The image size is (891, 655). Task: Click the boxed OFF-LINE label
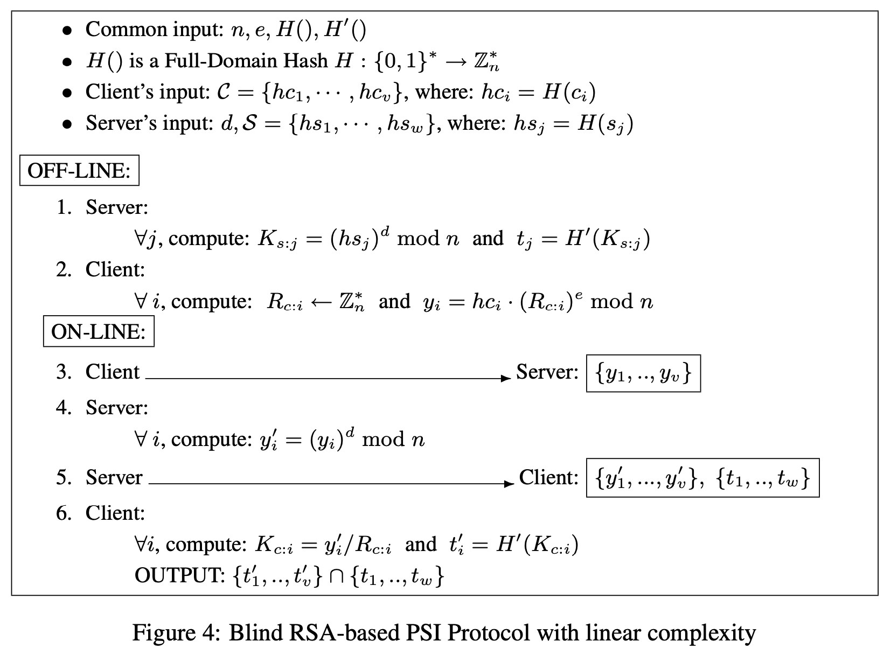click(79, 171)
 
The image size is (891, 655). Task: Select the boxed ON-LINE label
click(99, 331)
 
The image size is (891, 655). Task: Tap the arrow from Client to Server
click(328, 378)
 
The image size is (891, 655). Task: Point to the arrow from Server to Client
click(331, 484)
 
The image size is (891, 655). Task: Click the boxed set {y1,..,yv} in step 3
click(643, 373)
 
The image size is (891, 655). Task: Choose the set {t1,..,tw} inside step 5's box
click(762, 478)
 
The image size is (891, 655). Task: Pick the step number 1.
click(64, 207)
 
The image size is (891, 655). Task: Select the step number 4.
click(64, 407)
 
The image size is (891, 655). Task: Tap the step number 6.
click(64, 513)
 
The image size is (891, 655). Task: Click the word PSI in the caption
click(422, 633)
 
